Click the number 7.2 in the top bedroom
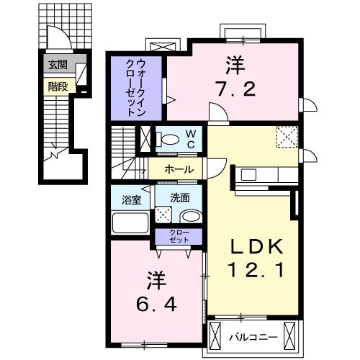(x=233, y=91)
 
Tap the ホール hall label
(x=178, y=169)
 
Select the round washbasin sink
(x=190, y=216)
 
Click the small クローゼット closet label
(x=177, y=235)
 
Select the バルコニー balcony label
(x=250, y=336)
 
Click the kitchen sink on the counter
(x=248, y=174)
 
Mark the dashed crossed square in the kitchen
(x=287, y=135)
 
